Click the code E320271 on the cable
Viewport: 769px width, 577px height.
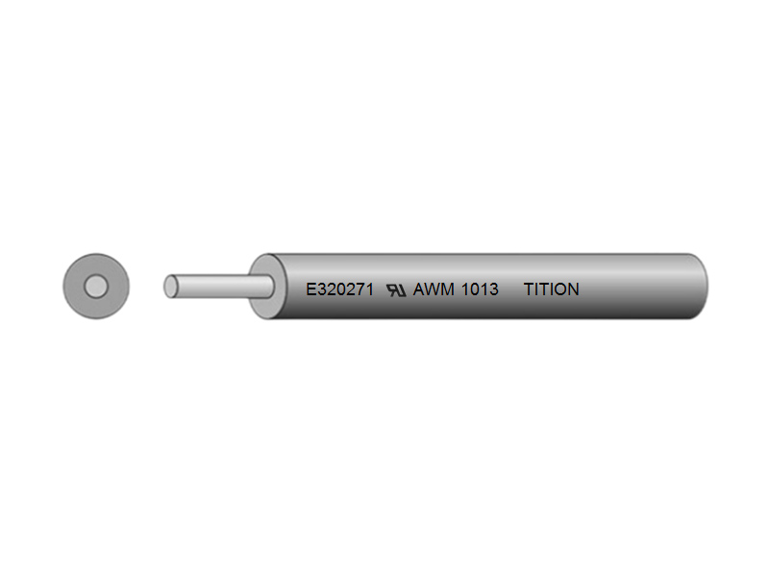coord(339,288)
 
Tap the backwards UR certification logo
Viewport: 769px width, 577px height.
coord(396,288)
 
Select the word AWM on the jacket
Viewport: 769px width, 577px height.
coord(434,288)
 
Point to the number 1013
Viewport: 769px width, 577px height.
coord(480,288)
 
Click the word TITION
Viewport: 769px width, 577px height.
coord(551,288)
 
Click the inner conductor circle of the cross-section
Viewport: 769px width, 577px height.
coord(95,287)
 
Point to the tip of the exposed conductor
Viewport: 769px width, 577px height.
coord(170,287)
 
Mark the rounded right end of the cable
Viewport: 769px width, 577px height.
coord(700,287)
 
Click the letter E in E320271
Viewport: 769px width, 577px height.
coord(310,288)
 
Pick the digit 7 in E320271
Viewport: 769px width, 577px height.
coord(358,288)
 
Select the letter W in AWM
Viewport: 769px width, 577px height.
coord(434,288)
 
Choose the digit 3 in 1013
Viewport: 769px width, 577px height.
coord(493,288)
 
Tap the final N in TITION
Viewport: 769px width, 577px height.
coord(573,288)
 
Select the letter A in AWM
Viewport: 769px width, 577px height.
coord(419,288)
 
